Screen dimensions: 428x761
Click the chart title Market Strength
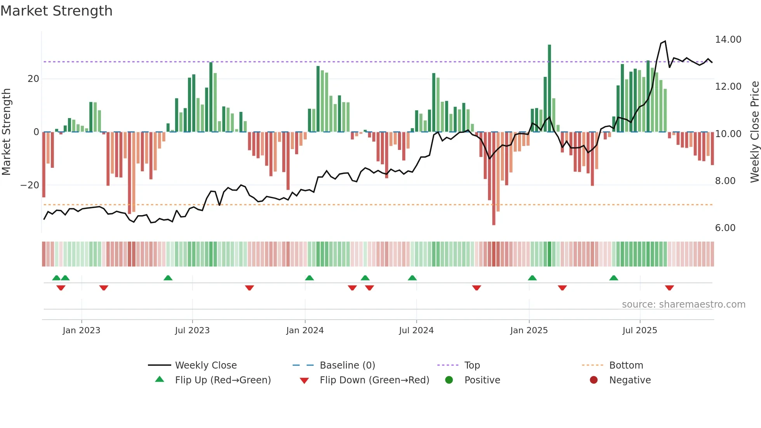click(x=56, y=11)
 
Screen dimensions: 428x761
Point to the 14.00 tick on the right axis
click(x=728, y=40)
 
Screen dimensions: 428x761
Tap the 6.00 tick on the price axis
click(x=725, y=228)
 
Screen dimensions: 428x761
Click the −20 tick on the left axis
click(x=30, y=185)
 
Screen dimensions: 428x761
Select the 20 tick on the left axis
click(x=33, y=79)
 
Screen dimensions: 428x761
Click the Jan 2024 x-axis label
click(x=305, y=331)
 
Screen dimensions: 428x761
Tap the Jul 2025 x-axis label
click(x=639, y=331)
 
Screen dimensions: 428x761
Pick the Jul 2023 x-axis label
click(x=192, y=331)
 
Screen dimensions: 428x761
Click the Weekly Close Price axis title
click(x=754, y=132)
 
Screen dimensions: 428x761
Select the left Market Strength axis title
click(x=6, y=132)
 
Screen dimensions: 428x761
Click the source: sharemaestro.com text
click(x=683, y=304)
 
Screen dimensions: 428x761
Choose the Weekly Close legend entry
click(x=206, y=365)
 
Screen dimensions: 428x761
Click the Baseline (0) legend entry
click(x=347, y=365)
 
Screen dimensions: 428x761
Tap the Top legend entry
click(x=472, y=365)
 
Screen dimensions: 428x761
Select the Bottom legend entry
click(x=626, y=365)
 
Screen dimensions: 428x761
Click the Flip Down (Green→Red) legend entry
click(x=374, y=380)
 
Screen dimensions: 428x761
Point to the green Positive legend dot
click(x=449, y=380)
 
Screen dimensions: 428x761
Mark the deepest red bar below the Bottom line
click(x=493, y=179)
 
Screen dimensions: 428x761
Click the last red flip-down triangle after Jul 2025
click(x=669, y=288)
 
